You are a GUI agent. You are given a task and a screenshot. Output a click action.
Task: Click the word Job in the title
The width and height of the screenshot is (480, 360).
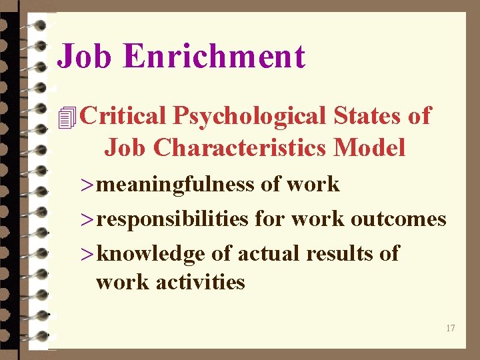(x=85, y=57)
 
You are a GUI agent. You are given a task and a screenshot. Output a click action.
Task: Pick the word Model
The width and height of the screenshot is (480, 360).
(x=370, y=147)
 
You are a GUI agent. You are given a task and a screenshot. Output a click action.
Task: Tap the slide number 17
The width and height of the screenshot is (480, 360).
(x=451, y=328)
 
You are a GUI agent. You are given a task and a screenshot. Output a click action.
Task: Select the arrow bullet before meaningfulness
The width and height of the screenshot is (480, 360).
(x=87, y=185)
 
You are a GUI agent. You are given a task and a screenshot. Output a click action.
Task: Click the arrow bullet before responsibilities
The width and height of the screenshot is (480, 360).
(x=87, y=220)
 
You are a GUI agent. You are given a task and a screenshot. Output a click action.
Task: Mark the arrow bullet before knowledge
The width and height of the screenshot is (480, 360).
(x=87, y=255)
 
